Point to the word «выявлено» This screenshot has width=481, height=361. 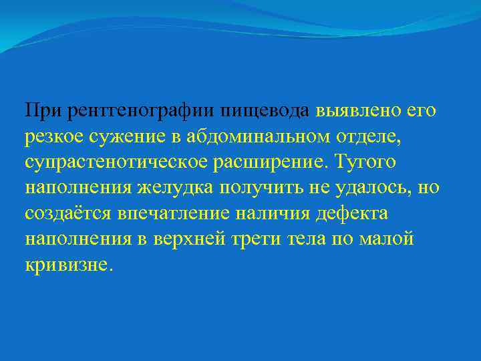pyautogui.click(x=353, y=110)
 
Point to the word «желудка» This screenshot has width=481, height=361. pyautogui.click(x=175, y=187)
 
